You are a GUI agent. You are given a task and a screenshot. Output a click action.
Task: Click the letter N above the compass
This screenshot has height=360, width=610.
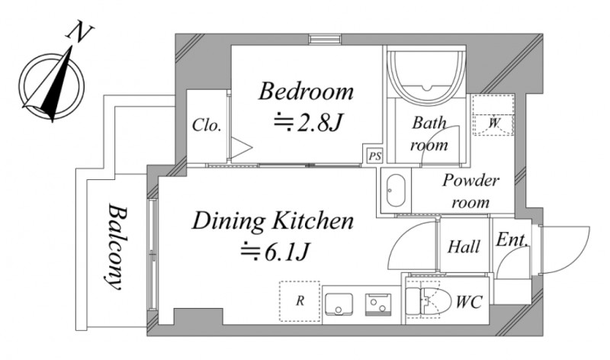tap(81, 33)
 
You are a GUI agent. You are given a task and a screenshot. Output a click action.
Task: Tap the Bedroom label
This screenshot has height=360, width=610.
tap(307, 91)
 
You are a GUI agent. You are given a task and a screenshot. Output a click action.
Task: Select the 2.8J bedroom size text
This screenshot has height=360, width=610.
tap(308, 122)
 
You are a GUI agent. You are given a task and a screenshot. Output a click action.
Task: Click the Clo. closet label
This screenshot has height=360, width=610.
tap(207, 125)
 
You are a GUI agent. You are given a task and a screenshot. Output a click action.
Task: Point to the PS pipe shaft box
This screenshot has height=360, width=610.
tap(374, 156)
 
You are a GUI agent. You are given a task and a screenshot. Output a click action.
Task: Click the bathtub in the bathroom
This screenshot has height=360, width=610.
tap(428, 73)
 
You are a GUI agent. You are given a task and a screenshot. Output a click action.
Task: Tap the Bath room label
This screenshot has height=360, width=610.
tap(429, 134)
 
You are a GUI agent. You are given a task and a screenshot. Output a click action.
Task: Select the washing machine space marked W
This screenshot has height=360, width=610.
tap(493, 115)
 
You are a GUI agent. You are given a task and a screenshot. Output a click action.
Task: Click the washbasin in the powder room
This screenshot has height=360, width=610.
tap(396, 191)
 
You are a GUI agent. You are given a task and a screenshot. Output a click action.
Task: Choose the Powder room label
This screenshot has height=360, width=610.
tap(470, 191)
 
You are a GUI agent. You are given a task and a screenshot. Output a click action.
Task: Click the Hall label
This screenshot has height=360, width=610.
tap(464, 247)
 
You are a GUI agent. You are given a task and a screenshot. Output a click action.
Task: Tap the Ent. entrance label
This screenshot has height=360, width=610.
tap(512, 239)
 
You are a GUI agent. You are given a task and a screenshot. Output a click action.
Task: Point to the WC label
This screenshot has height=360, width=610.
tap(469, 302)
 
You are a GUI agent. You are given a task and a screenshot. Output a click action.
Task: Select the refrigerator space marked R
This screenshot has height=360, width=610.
tap(300, 301)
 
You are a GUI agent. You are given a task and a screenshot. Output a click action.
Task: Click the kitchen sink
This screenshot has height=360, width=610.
tap(339, 304)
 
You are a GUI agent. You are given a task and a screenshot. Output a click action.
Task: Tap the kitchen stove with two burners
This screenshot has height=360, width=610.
tap(377, 305)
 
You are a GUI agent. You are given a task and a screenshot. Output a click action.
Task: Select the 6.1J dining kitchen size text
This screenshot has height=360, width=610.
tap(274, 252)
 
